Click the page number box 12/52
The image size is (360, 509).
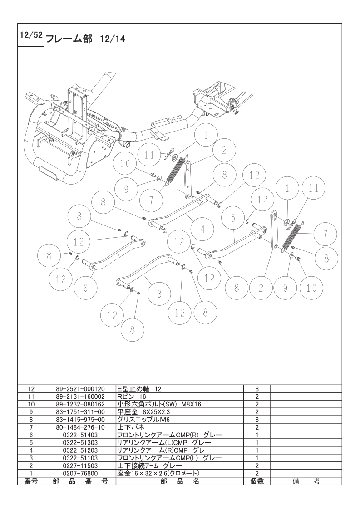tap(31, 36)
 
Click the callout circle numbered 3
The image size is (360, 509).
tap(159, 294)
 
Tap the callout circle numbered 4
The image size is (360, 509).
tap(202, 230)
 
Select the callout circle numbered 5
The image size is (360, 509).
tap(233, 218)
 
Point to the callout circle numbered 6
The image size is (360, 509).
tap(86, 288)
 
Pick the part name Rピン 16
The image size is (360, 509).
tap(132, 396)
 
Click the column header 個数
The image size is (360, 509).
tap(256, 481)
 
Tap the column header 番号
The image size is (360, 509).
tap(31, 481)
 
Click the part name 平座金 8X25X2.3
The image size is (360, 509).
tap(143, 411)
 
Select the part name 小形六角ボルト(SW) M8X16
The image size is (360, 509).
tap(159, 404)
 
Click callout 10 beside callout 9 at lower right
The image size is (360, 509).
tap(311, 287)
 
